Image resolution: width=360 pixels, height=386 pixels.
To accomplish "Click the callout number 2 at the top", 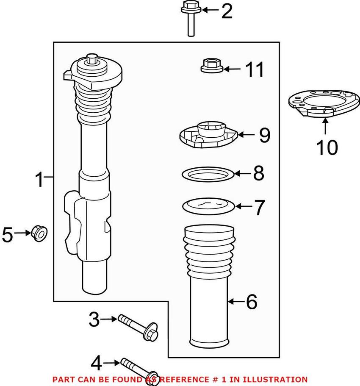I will point(227,11).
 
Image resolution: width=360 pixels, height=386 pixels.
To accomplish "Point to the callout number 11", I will point(255,69).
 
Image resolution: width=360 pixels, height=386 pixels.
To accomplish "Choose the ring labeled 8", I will point(208,173).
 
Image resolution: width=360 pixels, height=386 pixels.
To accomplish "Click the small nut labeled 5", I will point(39,233).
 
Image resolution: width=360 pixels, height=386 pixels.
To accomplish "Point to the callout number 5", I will point(8,234).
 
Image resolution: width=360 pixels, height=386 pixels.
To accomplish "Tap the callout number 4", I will point(97,363).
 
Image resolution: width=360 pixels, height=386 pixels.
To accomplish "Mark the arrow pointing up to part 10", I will point(325,127).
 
